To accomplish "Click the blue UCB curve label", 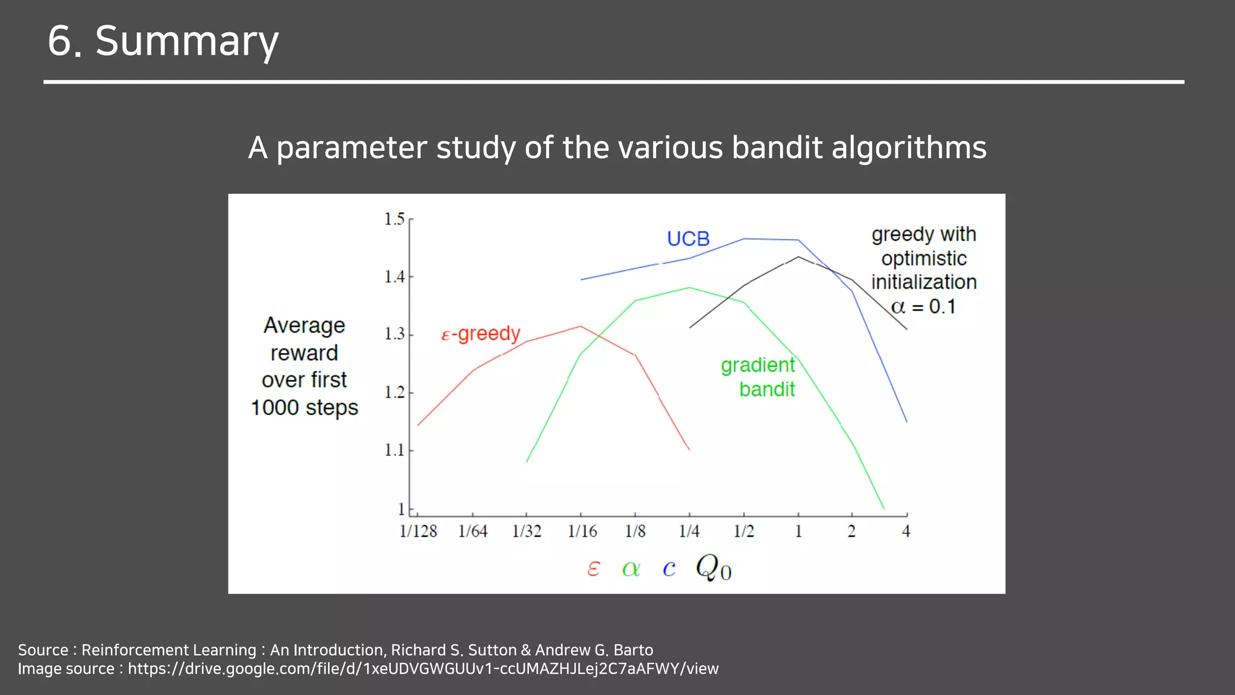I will coord(688,239).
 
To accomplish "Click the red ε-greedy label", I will coord(481,334).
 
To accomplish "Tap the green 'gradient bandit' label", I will coord(758,377).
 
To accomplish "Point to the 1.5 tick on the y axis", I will coord(395,219).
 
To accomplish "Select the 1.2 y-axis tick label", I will coord(395,393).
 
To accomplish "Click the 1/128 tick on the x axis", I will coord(418,532).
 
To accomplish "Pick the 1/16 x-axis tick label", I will coord(582,532).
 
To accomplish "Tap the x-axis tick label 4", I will coord(906,532).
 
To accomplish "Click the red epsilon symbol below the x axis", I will coord(593,568).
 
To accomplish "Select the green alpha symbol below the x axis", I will coord(631,568).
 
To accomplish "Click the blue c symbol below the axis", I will coord(669,568).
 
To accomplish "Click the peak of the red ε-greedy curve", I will coord(581,326).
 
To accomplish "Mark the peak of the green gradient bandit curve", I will coord(689,288).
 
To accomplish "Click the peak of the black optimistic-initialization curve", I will coord(798,257).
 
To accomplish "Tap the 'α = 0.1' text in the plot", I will coord(923,307).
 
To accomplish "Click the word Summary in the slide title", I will coord(187,41).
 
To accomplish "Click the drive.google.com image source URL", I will coord(423,669).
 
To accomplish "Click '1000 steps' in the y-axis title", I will coord(304,408).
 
